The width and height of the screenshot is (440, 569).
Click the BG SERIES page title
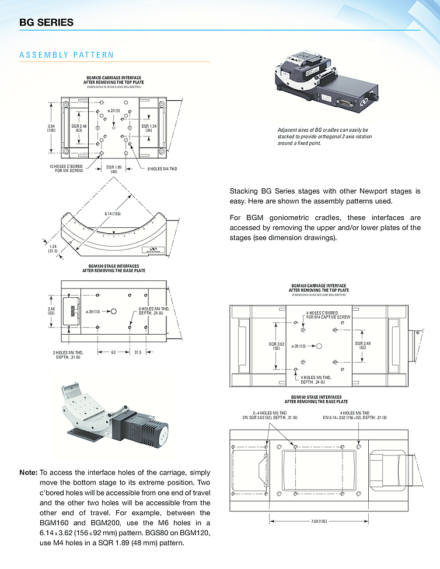click(x=47, y=23)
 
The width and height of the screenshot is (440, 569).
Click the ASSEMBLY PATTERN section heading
click(x=67, y=55)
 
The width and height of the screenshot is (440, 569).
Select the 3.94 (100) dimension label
click(x=51, y=128)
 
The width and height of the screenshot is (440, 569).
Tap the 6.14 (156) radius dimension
click(x=113, y=214)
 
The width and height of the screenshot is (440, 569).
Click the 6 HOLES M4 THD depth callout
click(x=154, y=311)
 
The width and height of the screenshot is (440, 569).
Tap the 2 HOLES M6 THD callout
click(x=69, y=355)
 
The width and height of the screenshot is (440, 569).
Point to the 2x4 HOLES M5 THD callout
click(x=270, y=415)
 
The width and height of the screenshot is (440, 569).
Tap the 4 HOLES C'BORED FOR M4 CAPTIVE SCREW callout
click(x=328, y=315)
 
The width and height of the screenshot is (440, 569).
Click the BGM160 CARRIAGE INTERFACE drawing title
click(x=319, y=288)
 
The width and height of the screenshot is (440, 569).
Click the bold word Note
click(x=29, y=472)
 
